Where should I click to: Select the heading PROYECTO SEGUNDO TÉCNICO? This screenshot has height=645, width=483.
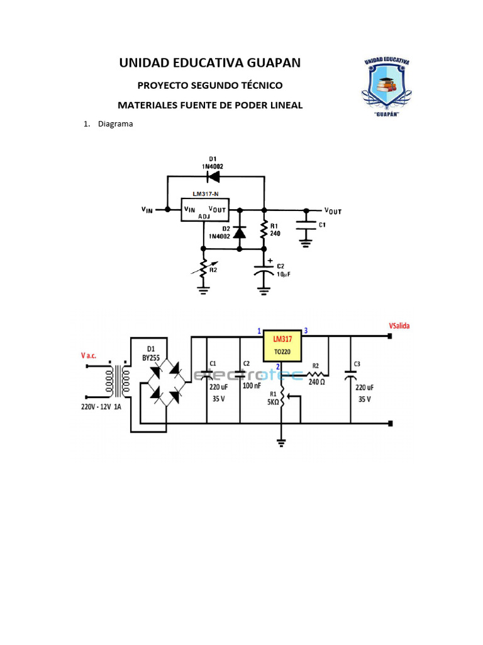tap(210, 85)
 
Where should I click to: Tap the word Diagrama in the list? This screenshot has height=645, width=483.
tap(115, 124)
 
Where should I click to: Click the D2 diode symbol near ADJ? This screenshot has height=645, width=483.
tap(239, 232)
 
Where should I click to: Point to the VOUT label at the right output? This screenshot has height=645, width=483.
tap(333, 211)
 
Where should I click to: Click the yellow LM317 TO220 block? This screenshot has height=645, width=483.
tap(282, 344)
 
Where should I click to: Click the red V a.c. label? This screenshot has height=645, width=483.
tap(88, 355)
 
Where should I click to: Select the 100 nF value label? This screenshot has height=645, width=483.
tap(252, 385)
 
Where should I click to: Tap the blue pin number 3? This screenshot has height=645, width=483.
tap(306, 330)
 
